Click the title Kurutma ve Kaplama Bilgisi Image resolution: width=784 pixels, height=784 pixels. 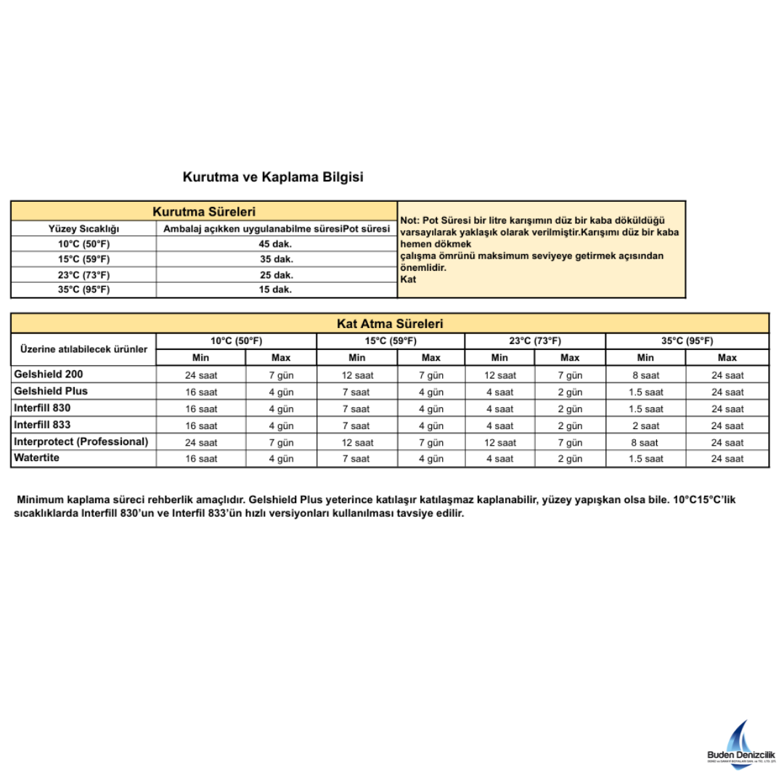[x=272, y=177]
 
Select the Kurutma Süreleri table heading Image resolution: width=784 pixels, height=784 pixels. [x=204, y=212]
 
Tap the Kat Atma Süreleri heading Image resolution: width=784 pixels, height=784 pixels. [x=390, y=324]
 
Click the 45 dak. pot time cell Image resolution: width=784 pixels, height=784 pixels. [x=276, y=244]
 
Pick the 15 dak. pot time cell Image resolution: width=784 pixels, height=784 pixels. [x=276, y=290]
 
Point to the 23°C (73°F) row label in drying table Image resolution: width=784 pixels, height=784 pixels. [x=84, y=274]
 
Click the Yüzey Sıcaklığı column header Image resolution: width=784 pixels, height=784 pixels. [x=84, y=229]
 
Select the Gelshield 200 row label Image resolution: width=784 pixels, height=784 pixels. [x=49, y=375]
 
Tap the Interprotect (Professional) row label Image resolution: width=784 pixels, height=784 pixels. [x=81, y=441]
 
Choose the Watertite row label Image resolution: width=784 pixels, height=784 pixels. [x=36, y=458]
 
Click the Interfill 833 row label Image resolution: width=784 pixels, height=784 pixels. [x=42, y=425]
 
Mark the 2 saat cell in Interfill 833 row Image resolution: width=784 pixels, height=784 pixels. [x=645, y=426]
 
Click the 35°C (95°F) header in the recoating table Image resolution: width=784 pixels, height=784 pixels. [x=687, y=340]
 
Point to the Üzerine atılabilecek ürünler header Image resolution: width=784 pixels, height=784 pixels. [x=83, y=349]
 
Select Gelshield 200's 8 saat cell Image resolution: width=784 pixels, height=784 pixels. [x=645, y=375]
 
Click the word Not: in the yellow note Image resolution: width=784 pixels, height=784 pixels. [x=409, y=221]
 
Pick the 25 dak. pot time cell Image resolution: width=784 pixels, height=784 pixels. [x=276, y=274]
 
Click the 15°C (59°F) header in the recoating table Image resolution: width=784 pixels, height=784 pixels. [x=391, y=340]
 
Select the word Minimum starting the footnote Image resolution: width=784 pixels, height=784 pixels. [x=40, y=500]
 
